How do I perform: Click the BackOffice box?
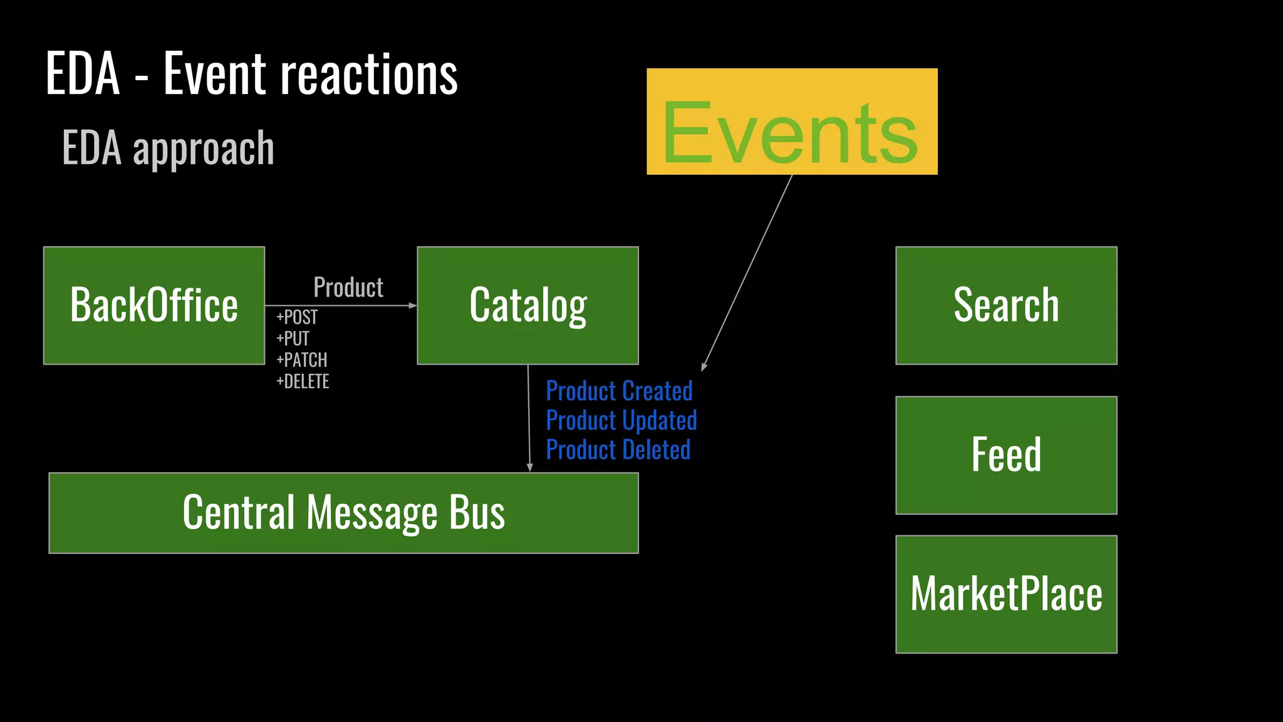154,305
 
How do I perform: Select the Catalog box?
527,305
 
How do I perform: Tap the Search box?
1006,305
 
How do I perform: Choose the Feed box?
1006,455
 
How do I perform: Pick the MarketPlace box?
1006,594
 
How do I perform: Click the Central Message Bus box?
343,513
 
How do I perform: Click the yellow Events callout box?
792,122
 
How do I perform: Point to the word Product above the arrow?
348,288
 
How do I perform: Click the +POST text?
297,317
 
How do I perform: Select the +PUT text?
293,338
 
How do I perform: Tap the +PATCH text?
302,360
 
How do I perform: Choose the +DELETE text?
303,381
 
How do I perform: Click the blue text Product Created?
619,391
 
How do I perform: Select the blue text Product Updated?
621,420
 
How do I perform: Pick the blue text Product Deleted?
618,450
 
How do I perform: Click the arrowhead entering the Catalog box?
413,305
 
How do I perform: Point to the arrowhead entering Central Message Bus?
529,468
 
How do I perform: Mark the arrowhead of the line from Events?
704,367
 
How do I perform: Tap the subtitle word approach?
204,149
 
